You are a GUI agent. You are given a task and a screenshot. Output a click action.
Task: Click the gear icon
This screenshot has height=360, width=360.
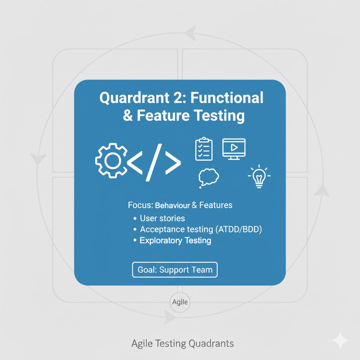[111, 160]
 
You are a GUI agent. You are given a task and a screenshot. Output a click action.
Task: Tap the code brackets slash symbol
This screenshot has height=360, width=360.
[154, 162]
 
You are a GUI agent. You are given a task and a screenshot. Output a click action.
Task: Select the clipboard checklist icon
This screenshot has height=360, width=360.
[204, 149]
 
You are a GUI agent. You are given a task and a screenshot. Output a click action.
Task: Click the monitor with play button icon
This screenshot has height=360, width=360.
[234, 149]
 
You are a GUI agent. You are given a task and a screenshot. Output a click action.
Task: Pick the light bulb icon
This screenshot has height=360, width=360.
[259, 176]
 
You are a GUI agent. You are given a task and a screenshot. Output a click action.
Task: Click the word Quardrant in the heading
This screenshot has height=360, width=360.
[134, 98]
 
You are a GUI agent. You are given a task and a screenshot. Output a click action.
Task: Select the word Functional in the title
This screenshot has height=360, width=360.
[227, 98]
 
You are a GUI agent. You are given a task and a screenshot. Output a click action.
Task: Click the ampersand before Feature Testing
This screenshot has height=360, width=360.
[128, 115]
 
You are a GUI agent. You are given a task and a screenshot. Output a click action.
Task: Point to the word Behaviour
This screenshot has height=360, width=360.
[172, 205]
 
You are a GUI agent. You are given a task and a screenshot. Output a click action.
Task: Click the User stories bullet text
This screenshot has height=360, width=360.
[162, 218]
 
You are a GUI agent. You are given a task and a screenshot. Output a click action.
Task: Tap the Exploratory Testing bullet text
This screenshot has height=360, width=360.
[175, 240]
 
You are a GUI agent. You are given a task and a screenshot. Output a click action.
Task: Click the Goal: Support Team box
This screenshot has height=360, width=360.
[175, 270]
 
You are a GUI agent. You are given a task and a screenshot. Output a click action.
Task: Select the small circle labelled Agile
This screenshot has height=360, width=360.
[180, 302]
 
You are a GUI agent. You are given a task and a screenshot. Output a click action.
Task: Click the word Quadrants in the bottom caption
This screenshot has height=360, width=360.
[211, 344]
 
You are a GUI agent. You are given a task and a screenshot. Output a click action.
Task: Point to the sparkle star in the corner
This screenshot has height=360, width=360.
[340, 340]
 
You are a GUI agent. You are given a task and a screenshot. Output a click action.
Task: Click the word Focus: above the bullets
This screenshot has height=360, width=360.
[141, 205]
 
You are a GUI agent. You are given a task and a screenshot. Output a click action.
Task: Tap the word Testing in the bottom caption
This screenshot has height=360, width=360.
[171, 344]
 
